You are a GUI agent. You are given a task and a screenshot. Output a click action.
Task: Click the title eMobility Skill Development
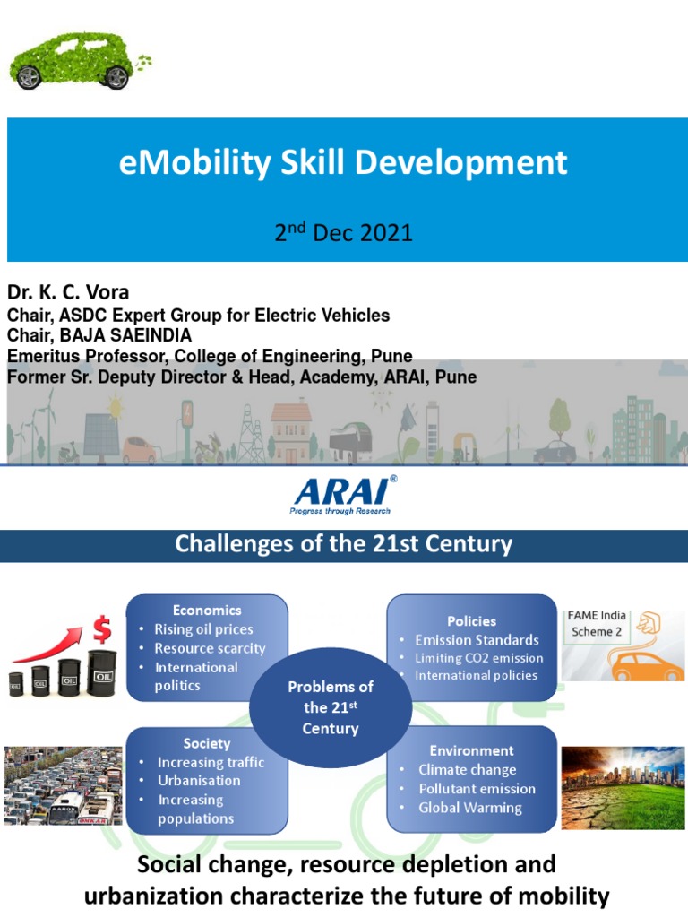click(x=343, y=163)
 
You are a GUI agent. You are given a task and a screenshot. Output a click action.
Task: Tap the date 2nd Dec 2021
click(x=343, y=233)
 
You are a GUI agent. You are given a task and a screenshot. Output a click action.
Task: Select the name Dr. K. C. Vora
click(x=68, y=293)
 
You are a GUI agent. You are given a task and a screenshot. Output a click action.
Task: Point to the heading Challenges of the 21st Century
click(x=343, y=544)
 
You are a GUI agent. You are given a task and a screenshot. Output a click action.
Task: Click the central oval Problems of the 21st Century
click(x=330, y=707)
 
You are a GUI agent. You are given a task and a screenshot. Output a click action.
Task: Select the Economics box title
click(x=207, y=610)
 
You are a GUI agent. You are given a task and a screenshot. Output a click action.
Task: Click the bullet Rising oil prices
click(x=203, y=629)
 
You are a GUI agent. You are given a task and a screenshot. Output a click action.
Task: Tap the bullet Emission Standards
click(x=477, y=640)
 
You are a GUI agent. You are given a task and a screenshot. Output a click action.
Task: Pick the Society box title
click(x=207, y=743)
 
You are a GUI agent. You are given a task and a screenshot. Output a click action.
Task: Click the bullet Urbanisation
click(x=199, y=781)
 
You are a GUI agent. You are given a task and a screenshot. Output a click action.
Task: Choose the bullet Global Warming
click(x=469, y=808)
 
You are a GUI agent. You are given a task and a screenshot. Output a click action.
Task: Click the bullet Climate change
click(x=467, y=770)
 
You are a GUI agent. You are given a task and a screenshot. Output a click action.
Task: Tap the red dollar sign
click(x=102, y=629)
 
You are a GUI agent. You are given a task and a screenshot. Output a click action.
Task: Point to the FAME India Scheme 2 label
click(x=598, y=623)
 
